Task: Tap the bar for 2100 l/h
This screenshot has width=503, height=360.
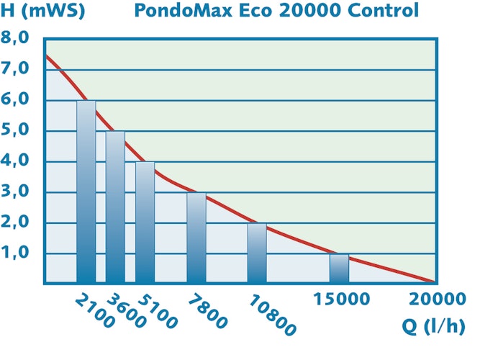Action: click(86, 192)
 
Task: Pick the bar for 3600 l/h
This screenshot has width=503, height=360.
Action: click(115, 207)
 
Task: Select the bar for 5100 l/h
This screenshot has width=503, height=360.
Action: click(145, 222)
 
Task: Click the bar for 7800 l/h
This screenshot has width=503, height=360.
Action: click(196, 238)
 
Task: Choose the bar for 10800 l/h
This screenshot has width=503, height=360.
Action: click(257, 253)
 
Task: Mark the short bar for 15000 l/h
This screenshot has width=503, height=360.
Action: click(339, 268)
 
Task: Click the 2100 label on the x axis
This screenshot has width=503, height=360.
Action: click(94, 310)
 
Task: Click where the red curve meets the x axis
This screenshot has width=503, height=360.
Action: click(435, 282)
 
